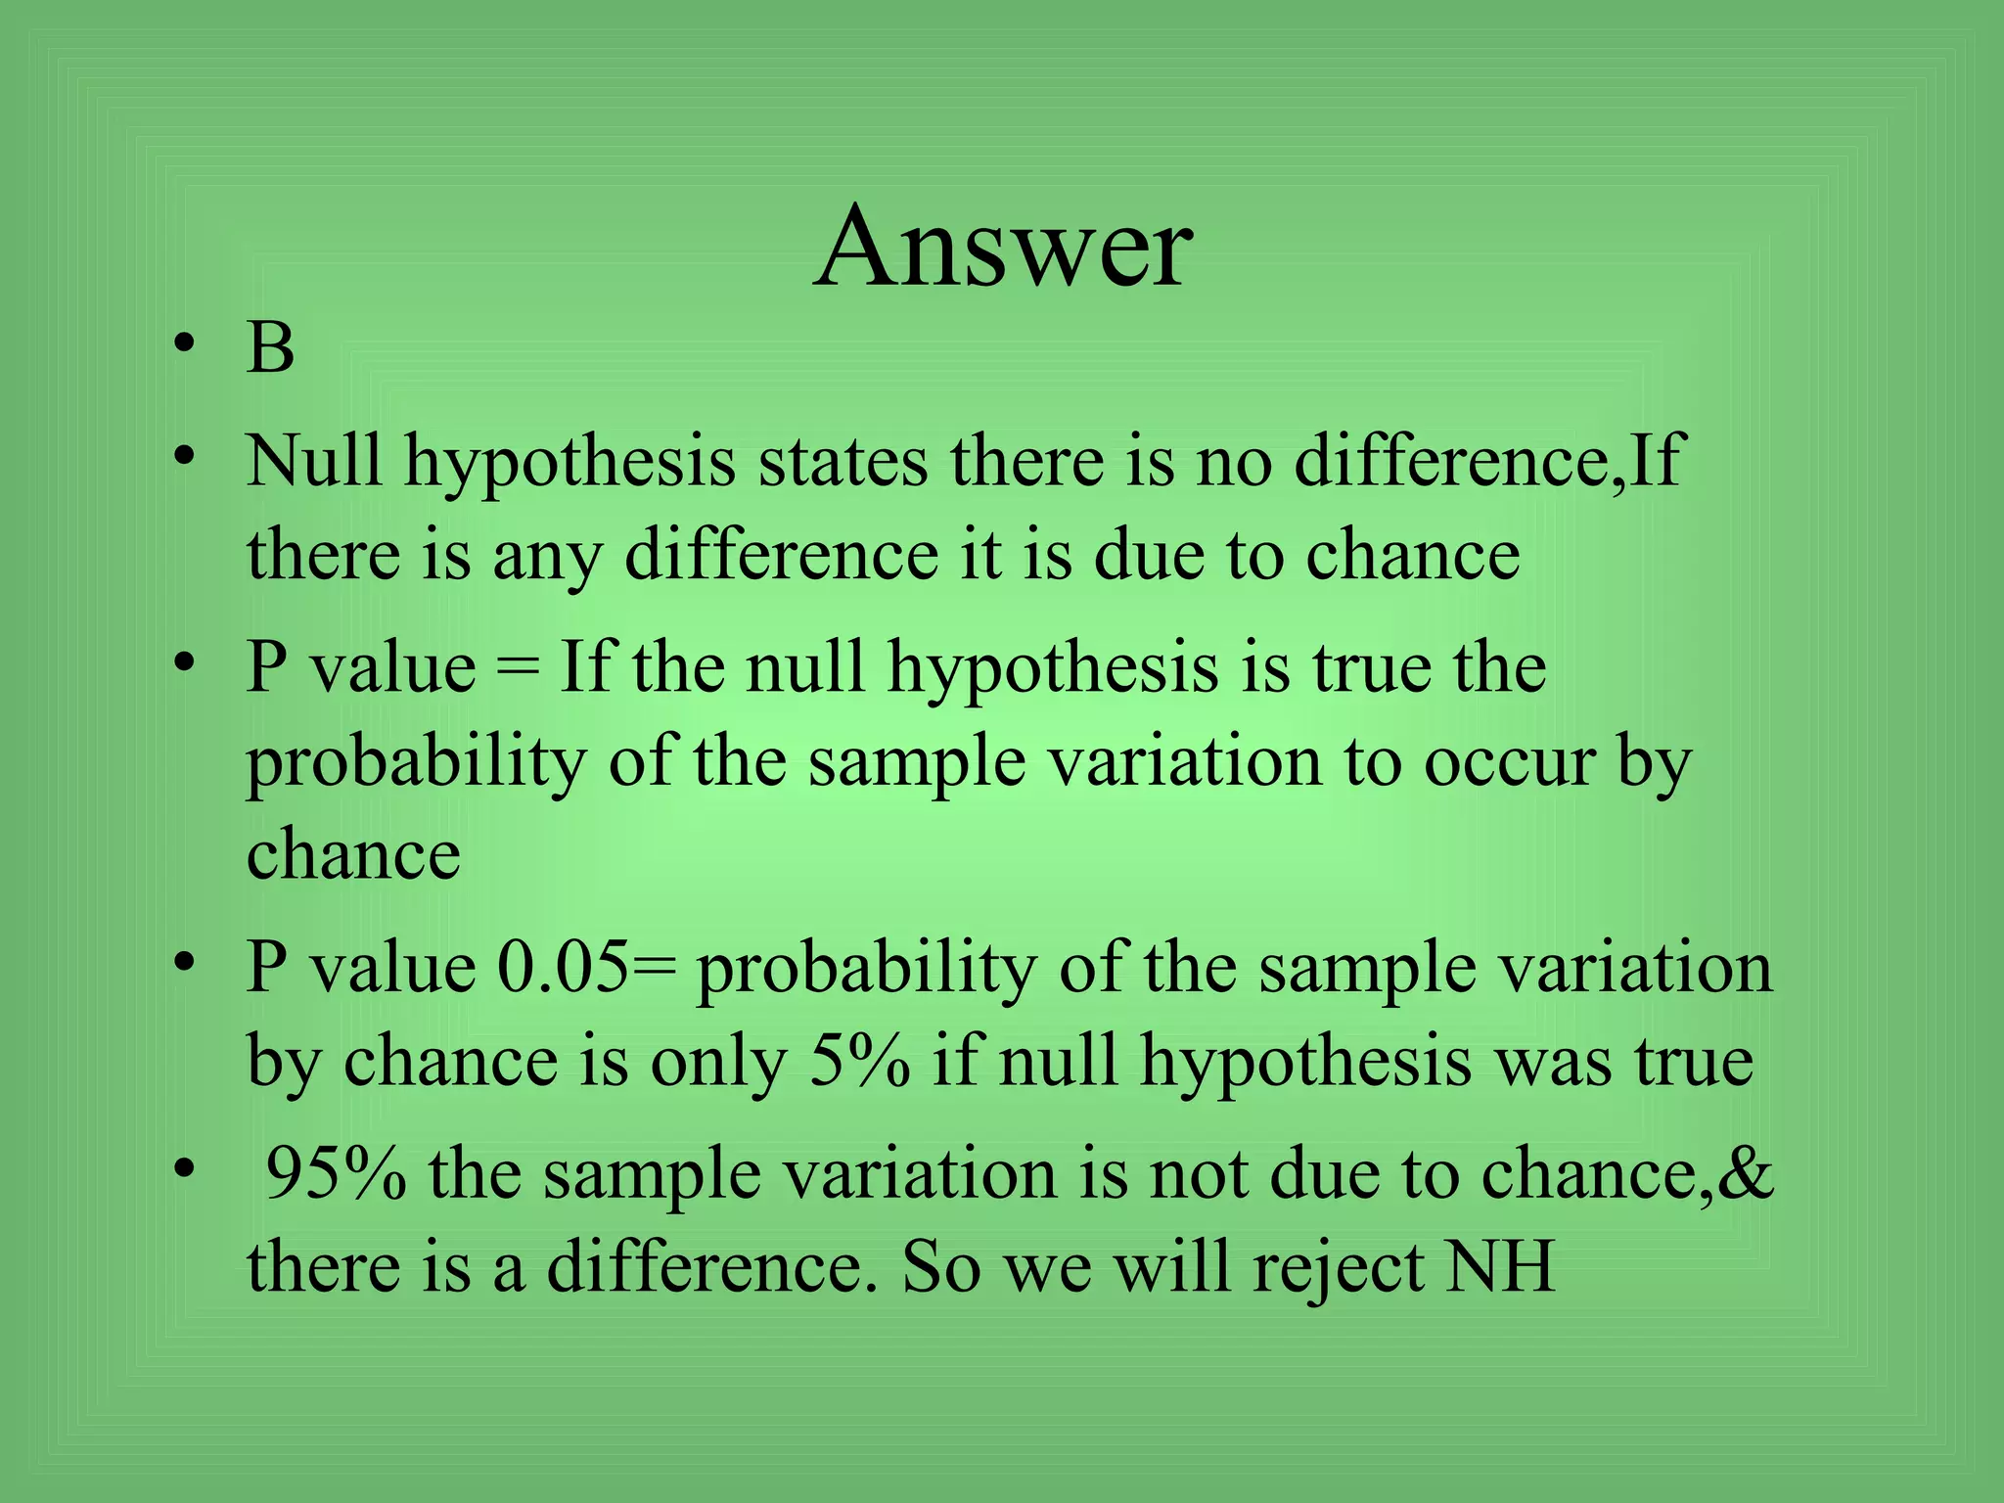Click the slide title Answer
1002,247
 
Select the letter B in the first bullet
270,348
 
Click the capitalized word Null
313,460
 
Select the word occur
1508,764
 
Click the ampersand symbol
1747,1173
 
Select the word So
940,1267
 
